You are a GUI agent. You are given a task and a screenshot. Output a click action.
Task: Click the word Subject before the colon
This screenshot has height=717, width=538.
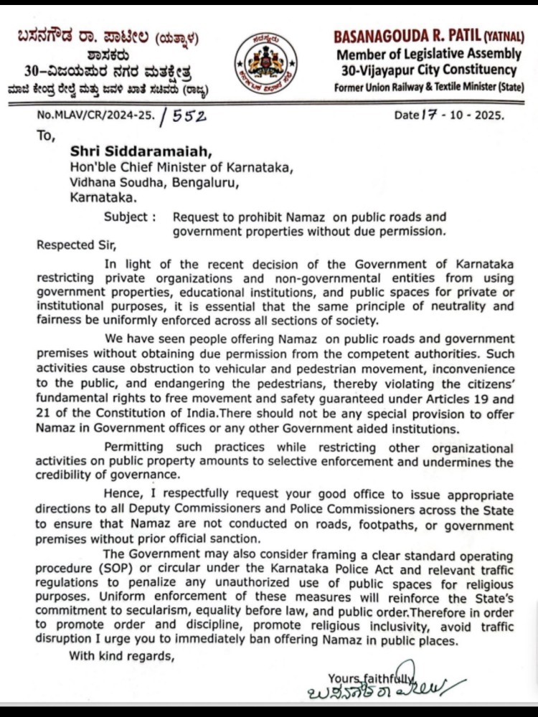127,217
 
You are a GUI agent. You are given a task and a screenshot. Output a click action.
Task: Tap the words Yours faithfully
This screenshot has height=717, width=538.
370,677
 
